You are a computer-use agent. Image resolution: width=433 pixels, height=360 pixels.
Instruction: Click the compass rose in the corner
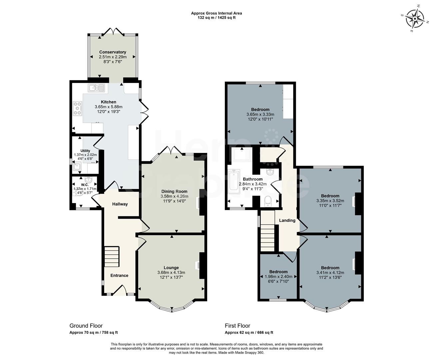point(415,18)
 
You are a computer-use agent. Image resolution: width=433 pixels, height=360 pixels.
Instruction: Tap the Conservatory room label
point(113,52)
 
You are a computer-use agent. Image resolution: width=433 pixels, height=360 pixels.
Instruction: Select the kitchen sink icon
point(96,88)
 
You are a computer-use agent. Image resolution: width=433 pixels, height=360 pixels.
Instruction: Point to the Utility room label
point(85,151)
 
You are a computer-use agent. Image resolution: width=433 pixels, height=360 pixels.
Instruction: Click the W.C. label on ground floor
point(85,185)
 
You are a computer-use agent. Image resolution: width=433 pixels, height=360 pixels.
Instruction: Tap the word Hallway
point(120,204)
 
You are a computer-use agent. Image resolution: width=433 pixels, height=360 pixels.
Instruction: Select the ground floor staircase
point(112,256)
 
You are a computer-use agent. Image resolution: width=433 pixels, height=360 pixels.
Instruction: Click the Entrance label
point(119,275)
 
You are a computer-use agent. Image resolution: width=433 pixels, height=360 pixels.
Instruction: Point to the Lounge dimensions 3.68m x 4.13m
point(171,273)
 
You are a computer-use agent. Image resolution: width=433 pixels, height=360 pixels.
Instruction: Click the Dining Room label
point(174,191)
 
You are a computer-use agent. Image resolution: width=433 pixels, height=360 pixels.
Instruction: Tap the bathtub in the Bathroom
point(234,182)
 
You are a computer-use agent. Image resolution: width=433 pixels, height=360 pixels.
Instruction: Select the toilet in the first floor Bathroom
point(268,201)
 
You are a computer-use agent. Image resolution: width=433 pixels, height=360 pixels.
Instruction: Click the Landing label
point(287,220)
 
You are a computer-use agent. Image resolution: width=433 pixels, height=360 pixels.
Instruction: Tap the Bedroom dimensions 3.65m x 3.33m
point(260,114)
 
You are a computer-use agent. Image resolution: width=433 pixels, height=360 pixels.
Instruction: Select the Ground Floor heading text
point(86,326)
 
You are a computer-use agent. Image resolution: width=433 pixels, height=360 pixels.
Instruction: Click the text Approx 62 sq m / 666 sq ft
point(249,333)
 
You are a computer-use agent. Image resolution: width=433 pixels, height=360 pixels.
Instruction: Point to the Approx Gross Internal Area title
point(217,13)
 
